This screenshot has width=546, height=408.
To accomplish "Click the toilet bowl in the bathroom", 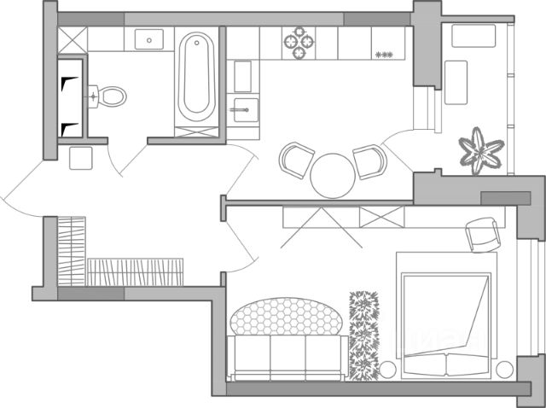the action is click(x=110, y=96).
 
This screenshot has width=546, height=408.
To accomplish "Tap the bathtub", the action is click(x=196, y=74).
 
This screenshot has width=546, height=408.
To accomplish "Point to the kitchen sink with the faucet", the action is click(x=244, y=109).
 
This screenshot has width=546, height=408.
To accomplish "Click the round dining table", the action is click(x=331, y=176).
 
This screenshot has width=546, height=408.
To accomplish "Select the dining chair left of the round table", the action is click(x=297, y=160).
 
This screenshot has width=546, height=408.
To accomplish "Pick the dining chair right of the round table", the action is click(x=369, y=161).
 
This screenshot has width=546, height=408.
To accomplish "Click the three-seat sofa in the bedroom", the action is click(x=288, y=355).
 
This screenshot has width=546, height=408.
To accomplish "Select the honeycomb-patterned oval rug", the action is click(x=288, y=317).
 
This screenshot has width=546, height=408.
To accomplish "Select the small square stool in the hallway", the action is click(x=82, y=159).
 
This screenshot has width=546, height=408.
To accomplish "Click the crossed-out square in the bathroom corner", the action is click(x=73, y=39).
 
